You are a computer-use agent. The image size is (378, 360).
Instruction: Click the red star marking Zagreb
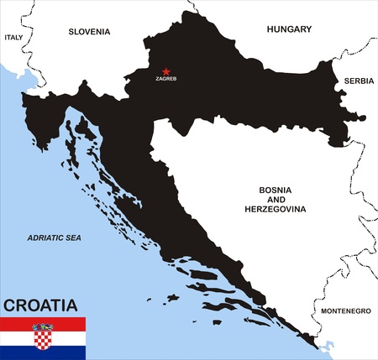[x=165, y=72]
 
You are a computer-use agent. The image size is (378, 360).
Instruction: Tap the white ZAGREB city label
[x=166, y=80]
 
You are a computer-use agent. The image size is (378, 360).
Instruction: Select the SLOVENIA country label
[x=89, y=32]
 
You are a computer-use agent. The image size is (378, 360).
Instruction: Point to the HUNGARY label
[x=289, y=29]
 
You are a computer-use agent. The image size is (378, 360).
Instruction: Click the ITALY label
[x=13, y=38]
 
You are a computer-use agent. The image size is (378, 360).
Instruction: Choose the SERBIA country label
[x=359, y=81]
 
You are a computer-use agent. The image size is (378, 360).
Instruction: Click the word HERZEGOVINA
[x=275, y=208]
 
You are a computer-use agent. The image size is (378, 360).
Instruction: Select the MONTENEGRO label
[x=345, y=310]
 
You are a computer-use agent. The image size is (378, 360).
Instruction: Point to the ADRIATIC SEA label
[x=54, y=238]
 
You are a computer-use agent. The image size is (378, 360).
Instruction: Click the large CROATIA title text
[x=40, y=305]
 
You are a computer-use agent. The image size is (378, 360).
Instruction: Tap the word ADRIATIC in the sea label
[x=43, y=238]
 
